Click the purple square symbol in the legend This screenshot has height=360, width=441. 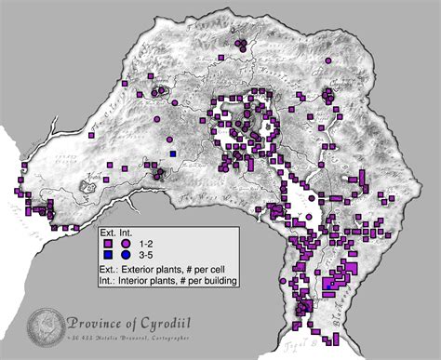(109, 241)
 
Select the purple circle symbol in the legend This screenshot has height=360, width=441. (125, 241)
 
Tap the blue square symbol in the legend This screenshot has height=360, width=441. (109, 253)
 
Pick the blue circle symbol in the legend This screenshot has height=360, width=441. (125, 253)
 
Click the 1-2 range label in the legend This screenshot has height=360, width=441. (146, 241)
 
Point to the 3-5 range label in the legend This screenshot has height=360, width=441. (146, 253)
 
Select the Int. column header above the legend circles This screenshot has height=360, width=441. (126, 229)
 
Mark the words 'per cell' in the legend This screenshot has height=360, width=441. (213, 266)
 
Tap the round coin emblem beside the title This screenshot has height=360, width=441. (43, 327)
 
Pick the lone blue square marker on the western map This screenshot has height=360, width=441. (172, 153)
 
